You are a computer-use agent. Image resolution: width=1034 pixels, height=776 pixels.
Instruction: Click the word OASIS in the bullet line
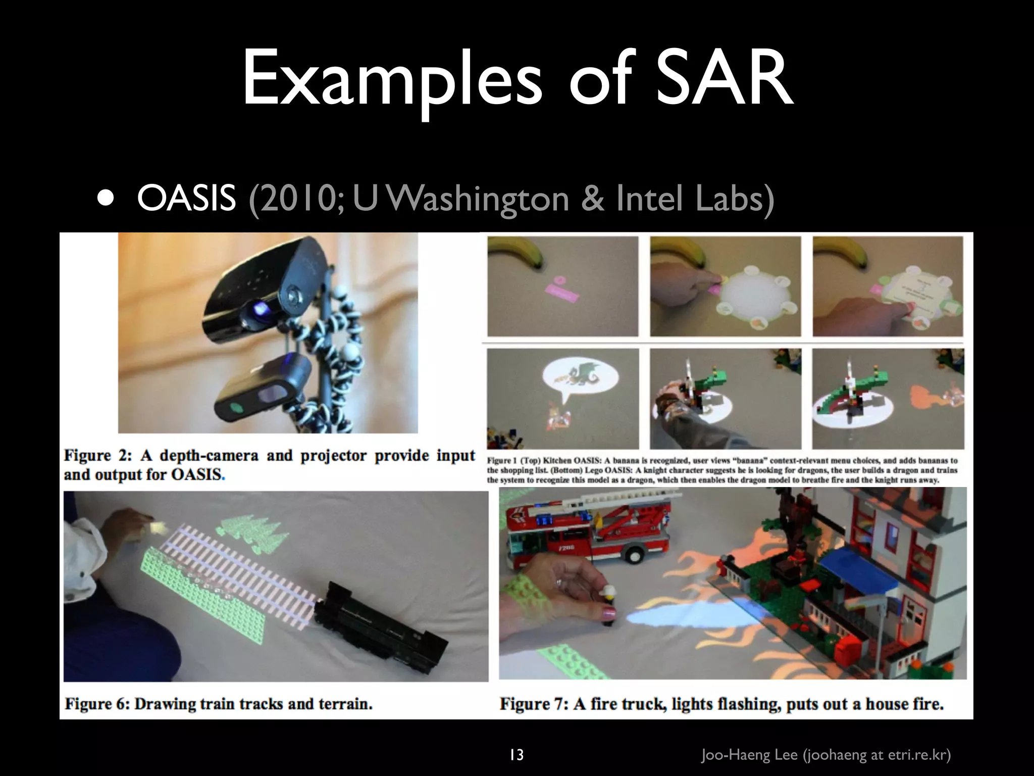coord(186,199)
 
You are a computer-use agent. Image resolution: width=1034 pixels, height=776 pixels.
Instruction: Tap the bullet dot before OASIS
coord(106,199)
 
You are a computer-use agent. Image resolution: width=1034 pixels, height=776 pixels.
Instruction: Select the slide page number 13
coord(516,755)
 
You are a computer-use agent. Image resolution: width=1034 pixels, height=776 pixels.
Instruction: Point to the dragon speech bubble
coord(576,378)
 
